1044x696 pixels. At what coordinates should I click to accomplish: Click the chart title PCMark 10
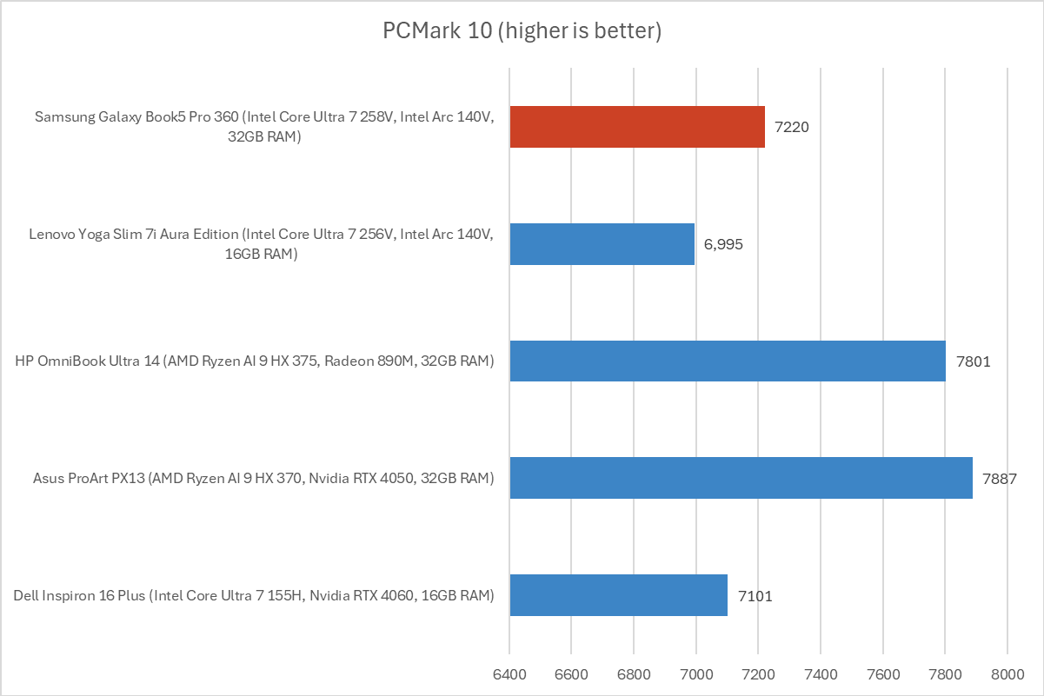pos(522,32)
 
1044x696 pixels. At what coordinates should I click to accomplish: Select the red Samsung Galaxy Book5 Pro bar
pos(637,127)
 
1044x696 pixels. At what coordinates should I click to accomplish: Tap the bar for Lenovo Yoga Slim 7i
pos(602,244)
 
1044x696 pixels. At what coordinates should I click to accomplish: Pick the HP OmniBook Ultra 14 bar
pos(727,361)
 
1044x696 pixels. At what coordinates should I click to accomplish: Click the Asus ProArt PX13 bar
pos(741,478)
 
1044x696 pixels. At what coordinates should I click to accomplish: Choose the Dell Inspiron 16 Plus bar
pos(618,595)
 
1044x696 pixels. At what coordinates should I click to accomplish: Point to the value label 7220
pos(793,127)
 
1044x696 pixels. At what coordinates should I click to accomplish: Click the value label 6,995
pos(724,244)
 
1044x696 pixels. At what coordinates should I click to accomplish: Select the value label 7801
pos(973,361)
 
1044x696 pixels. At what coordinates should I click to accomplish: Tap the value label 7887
pos(1000,478)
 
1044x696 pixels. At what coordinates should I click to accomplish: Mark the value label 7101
pos(755,596)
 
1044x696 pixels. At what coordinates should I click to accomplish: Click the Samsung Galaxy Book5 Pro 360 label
pos(264,126)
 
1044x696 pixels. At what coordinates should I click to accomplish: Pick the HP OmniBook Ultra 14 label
pos(254,361)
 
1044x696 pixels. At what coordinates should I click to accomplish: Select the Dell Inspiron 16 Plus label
pos(254,595)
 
